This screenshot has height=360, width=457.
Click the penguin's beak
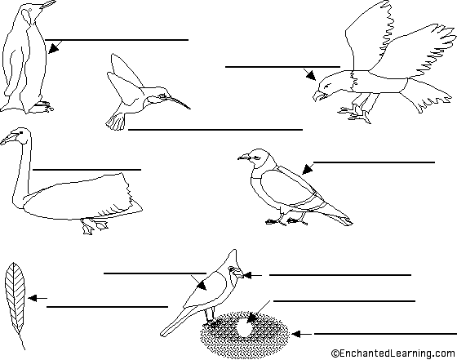tap(47, 5)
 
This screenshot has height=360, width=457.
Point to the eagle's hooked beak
tap(318, 96)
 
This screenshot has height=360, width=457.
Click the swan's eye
tap(21, 133)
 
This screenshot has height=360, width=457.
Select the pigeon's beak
tap(244, 158)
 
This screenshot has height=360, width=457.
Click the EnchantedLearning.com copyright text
tap(393, 353)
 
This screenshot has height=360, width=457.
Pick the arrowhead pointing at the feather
tap(33, 298)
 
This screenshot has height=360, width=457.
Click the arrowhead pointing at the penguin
tap(53, 48)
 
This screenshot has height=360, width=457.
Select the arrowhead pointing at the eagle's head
tap(311, 75)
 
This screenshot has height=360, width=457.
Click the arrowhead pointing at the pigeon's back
tap(307, 169)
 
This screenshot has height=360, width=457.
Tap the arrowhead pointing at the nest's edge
tap(296, 334)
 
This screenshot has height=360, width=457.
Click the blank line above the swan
tap(87, 169)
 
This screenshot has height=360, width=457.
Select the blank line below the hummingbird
tap(215, 130)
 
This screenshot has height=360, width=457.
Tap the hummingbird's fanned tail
tap(116, 122)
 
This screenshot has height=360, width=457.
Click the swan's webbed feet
tap(95, 226)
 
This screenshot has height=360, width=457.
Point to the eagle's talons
tap(355, 114)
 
